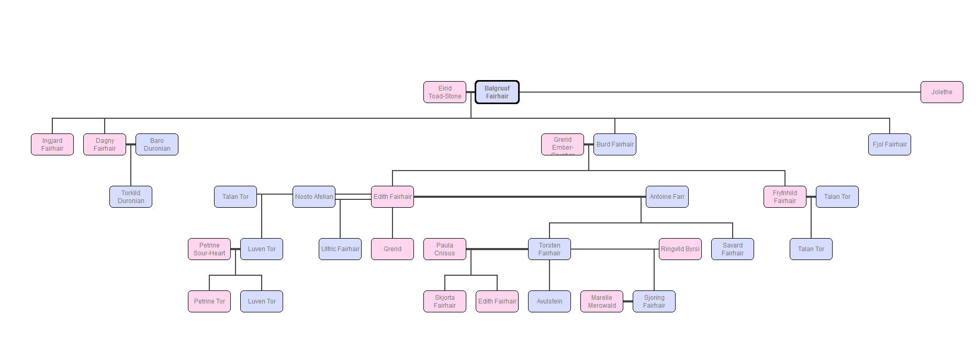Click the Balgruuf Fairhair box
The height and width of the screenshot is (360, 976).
click(497, 92)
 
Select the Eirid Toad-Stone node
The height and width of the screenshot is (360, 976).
click(445, 92)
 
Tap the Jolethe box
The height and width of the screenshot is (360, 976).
click(941, 92)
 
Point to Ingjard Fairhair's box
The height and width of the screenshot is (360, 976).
click(52, 144)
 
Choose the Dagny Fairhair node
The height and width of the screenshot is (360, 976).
click(105, 144)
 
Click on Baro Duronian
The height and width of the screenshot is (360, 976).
click(157, 144)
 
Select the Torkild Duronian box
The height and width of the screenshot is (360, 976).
click(131, 197)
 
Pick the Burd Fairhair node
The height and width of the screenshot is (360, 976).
click(615, 144)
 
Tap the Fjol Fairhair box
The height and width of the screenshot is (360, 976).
click(890, 144)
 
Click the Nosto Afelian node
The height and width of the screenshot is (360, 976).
click(314, 197)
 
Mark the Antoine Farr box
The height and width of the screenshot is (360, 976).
click(667, 197)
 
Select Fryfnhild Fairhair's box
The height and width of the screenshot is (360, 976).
click(785, 197)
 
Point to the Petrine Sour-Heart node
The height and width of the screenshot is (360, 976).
click(209, 249)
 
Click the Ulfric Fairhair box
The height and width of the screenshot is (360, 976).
click(340, 249)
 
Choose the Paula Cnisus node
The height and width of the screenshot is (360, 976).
click(445, 249)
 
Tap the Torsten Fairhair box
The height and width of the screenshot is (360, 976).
click(549, 249)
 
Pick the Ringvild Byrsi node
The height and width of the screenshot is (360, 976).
click(680, 249)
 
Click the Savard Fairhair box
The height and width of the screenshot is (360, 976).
click(733, 249)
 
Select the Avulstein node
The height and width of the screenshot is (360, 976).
click(549, 301)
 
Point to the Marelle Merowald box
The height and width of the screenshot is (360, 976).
click(602, 301)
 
